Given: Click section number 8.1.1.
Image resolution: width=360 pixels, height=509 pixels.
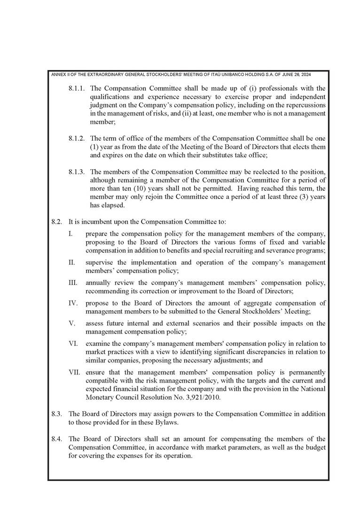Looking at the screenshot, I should tap(77, 88).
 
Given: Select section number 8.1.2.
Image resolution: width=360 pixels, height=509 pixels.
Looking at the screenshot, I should tap(77, 138).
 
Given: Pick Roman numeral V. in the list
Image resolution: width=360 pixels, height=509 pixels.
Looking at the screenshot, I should tap(72, 323).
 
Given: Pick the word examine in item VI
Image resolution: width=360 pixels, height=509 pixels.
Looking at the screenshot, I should tap(98, 344).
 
